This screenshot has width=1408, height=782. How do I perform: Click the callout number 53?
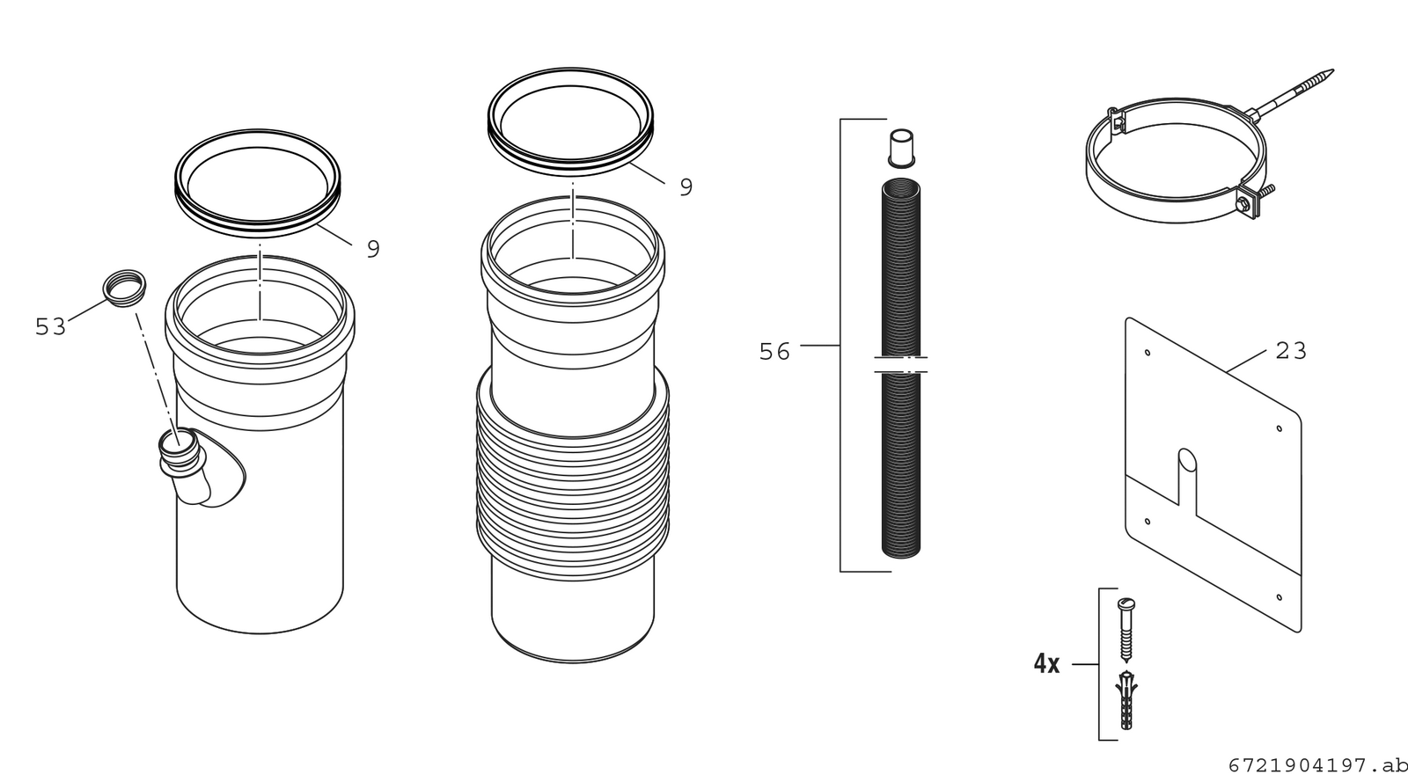(x=50, y=326)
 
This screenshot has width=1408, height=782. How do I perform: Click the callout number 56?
(x=774, y=352)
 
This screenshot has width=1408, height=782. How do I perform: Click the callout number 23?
(x=1291, y=350)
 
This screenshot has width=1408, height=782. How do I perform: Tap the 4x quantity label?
(x=1046, y=663)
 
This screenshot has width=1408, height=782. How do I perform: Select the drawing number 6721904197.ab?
(x=1318, y=765)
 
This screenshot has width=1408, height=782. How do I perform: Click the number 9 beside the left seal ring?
(x=373, y=249)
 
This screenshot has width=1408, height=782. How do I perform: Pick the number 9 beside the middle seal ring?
(x=686, y=186)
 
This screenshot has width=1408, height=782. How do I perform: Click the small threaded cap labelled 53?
(x=125, y=289)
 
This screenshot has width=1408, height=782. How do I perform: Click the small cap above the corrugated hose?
(x=901, y=149)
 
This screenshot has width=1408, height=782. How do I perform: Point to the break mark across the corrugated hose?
(x=901, y=365)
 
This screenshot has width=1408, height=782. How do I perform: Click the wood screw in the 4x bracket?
(x=1126, y=629)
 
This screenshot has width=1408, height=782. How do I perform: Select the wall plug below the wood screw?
(x=1126, y=699)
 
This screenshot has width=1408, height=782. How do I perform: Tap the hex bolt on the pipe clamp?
(x=1243, y=205)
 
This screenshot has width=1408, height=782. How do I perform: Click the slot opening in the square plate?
(x=1187, y=478)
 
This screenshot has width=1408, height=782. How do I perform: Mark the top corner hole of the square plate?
(x=1148, y=353)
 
